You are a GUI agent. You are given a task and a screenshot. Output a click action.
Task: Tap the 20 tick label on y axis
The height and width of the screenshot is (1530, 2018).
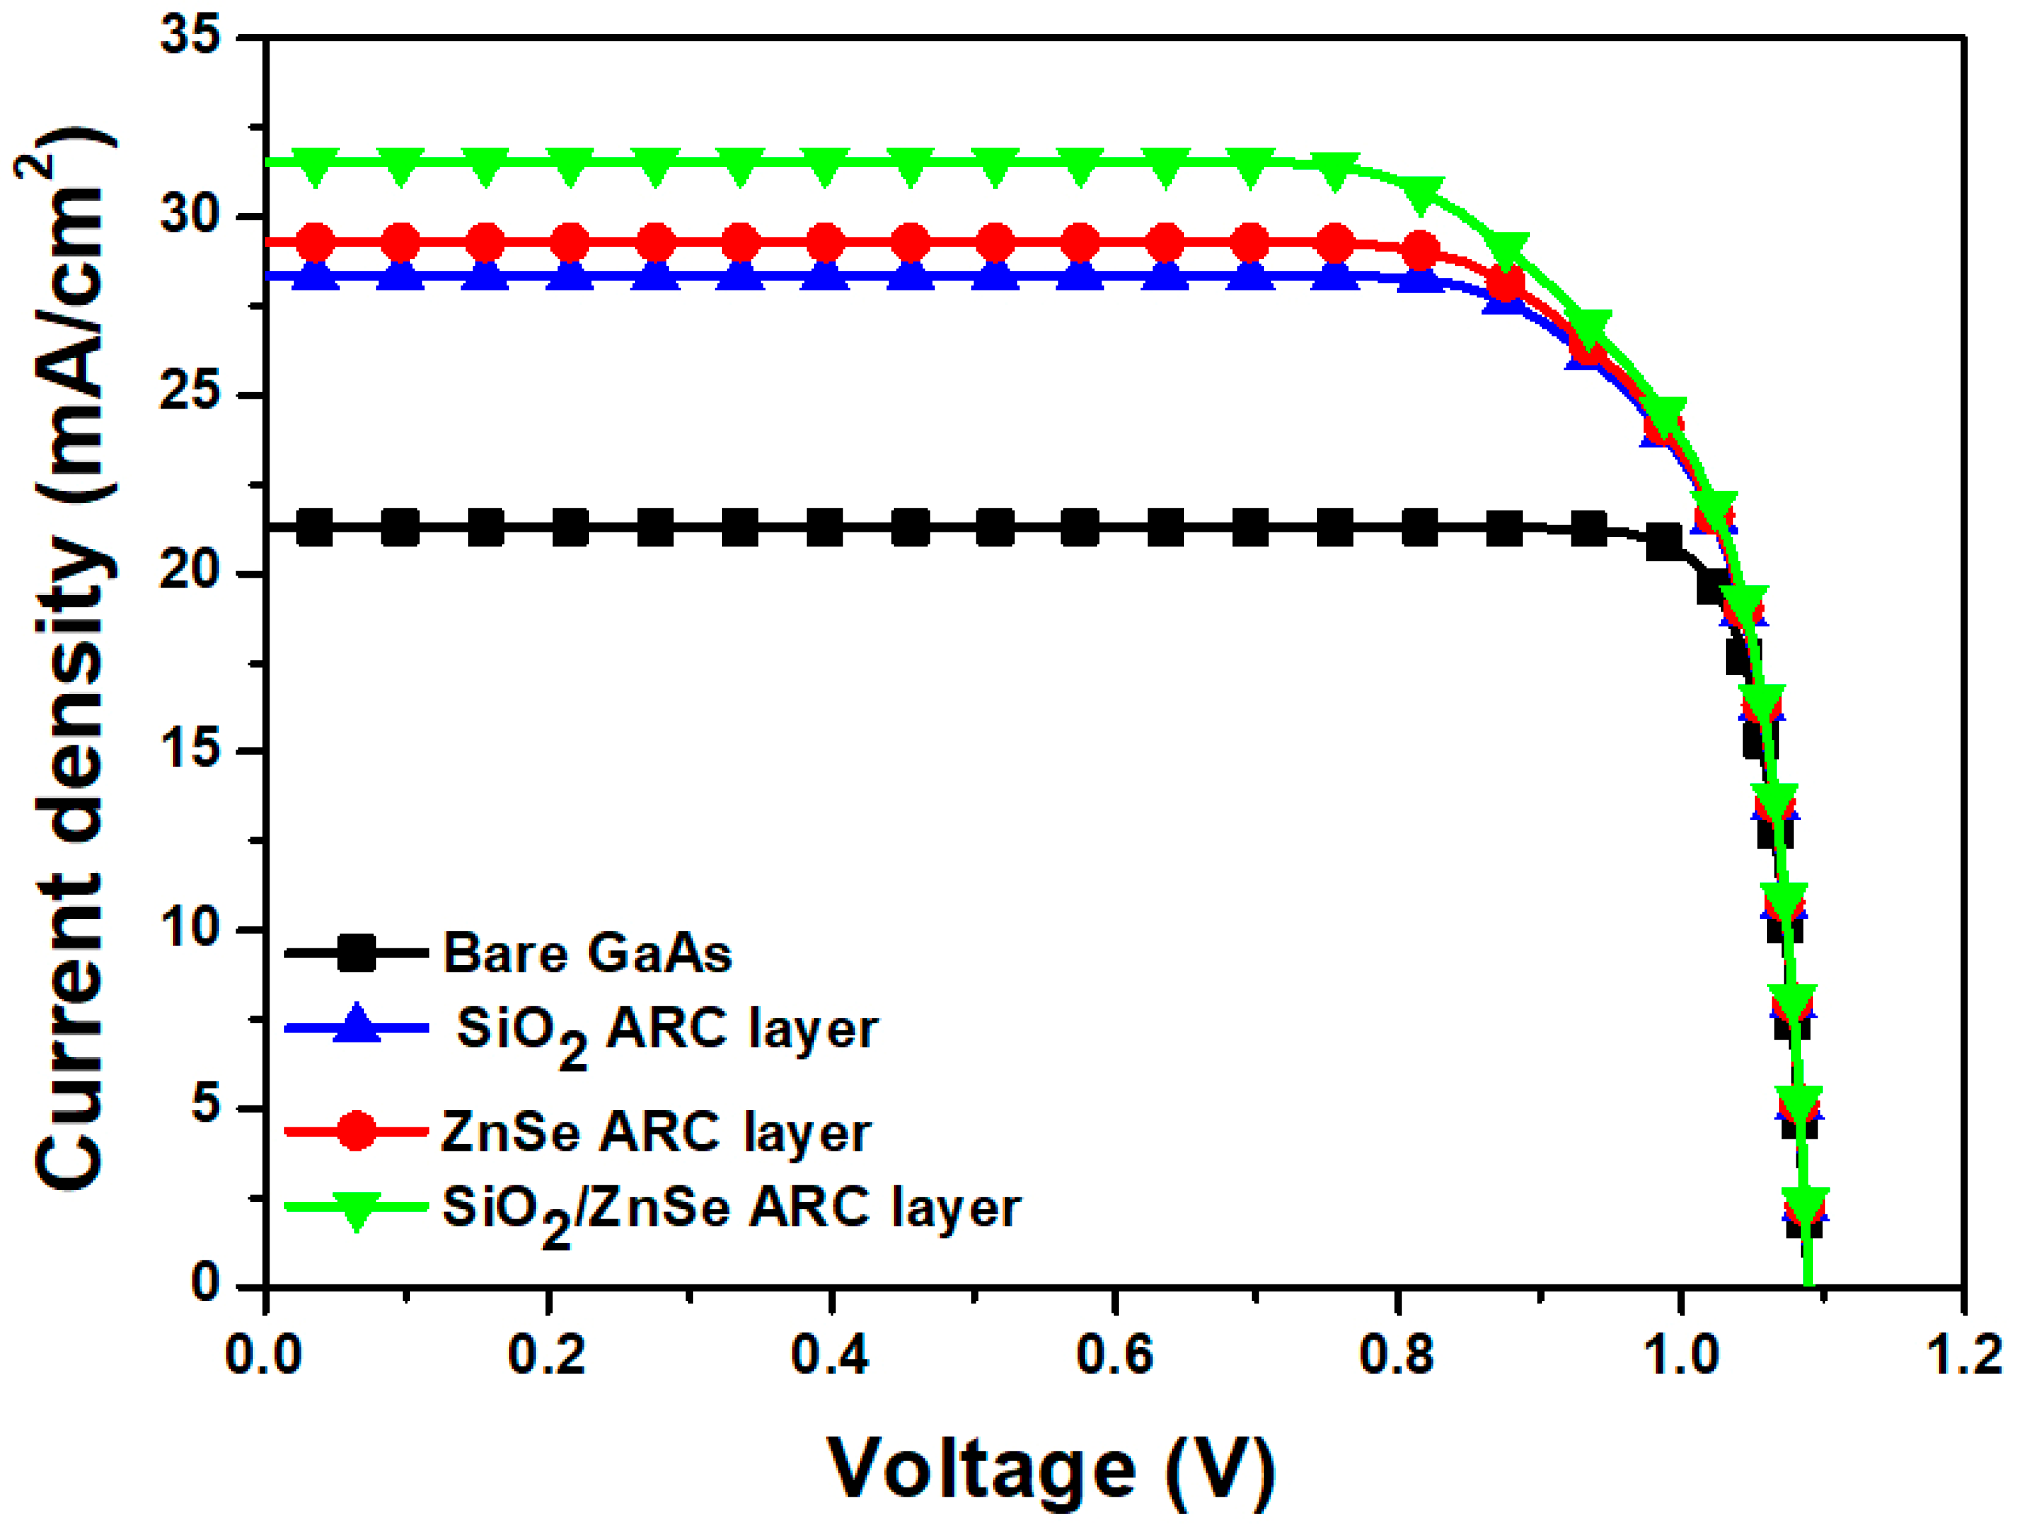click(x=190, y=572)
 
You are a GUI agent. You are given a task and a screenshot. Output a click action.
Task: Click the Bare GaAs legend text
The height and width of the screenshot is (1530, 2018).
click(x=586, y=954)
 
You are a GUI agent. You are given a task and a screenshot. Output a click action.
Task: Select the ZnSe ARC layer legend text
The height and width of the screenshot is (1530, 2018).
click(x=655, y=1132)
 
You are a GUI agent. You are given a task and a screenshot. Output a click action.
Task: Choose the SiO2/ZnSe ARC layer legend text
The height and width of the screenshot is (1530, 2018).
click(x=730, y=1210)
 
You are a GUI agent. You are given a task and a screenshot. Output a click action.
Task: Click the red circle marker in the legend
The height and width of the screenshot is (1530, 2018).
click(x=357, y=1131)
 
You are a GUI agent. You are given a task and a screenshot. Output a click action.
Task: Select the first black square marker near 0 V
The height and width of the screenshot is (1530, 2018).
click(x=315, y=526)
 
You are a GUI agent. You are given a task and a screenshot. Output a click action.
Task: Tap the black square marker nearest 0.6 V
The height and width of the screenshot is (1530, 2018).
click(x=1080, y=526)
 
